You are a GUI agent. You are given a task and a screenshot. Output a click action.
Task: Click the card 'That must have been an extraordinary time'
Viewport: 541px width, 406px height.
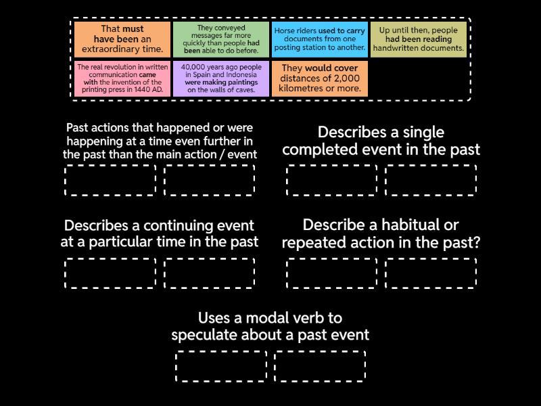[x=122, y=39]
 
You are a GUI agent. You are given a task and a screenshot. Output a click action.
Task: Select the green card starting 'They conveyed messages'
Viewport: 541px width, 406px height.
[x=221, y=39]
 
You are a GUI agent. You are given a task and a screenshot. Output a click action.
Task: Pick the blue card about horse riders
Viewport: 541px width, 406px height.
[x=320, y=39]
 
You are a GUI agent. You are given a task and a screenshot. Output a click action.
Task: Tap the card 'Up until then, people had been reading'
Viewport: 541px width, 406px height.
[x=419, y=39]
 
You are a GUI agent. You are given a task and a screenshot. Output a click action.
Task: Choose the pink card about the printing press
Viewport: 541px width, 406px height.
[x=122, y=78]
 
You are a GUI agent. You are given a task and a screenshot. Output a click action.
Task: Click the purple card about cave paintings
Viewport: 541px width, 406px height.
[x=221, y=78]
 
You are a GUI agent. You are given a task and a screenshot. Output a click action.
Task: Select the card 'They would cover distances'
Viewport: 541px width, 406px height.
[x=320, y=78]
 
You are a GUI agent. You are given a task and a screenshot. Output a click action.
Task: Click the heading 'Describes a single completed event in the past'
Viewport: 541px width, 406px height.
[x=381, y=141]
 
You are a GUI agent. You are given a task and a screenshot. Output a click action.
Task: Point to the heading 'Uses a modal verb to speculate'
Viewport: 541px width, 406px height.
[x=270, y=326]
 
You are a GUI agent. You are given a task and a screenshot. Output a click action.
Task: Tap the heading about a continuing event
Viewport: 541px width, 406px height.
[x=159, y=233]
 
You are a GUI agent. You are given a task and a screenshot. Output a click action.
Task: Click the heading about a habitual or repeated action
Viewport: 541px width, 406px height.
[x=381, y=233]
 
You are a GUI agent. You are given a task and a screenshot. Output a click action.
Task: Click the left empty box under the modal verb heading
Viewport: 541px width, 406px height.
[x=221, y=366]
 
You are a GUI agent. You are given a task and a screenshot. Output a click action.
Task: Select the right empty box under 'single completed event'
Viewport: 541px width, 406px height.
[x=431, y=180]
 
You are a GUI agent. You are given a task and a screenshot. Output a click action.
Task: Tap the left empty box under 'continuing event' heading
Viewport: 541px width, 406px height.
[x=110, y=273]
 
